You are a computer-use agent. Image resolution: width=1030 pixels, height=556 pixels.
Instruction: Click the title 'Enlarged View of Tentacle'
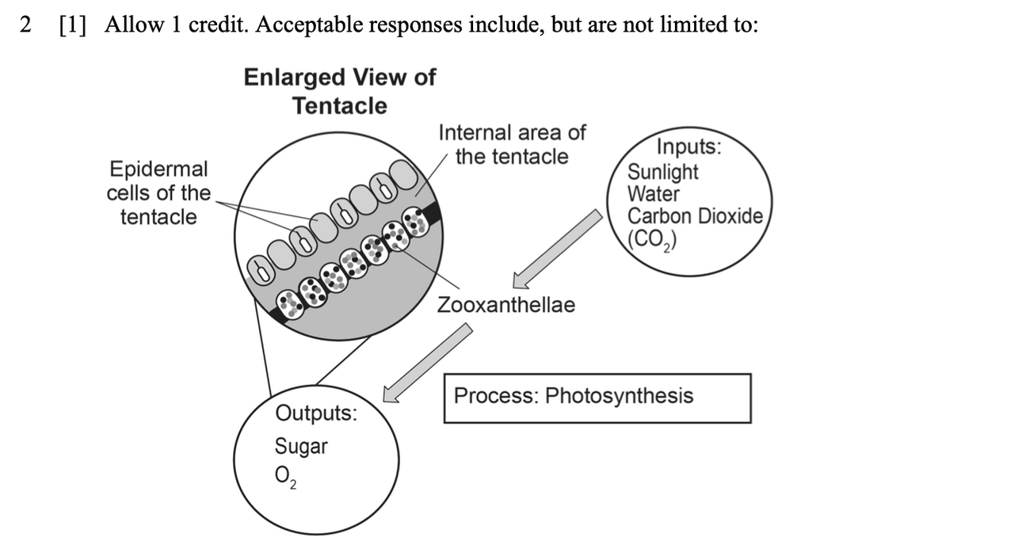coord(339,91)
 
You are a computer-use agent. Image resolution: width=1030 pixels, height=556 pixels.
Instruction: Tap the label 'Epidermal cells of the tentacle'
coord(158,192)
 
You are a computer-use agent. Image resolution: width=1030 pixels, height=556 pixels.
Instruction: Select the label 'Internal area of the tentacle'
coord(512,144)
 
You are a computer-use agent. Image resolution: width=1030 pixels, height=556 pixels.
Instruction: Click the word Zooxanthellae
coord(506,305)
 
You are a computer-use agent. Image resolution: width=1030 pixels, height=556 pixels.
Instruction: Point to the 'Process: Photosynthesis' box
coord(597,398)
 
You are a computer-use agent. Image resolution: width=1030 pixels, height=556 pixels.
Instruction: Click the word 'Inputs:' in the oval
coord(689,148)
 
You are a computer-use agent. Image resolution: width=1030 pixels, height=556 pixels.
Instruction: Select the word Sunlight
coord(663,172)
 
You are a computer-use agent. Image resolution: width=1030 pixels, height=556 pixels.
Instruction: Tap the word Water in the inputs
coord(653,194)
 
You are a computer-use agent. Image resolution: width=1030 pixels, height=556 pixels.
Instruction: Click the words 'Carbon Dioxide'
coord(695,216)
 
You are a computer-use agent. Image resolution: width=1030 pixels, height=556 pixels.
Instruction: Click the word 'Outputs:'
coord(315,413)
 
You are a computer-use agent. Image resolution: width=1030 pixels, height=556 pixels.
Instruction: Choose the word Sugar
coord(300,447)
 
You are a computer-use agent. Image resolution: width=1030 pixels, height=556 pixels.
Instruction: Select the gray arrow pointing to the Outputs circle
coord(427,362)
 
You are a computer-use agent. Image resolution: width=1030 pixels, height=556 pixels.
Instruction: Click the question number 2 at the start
coord(27,25)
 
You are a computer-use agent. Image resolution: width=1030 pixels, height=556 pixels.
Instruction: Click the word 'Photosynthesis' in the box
coord(619,396)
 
